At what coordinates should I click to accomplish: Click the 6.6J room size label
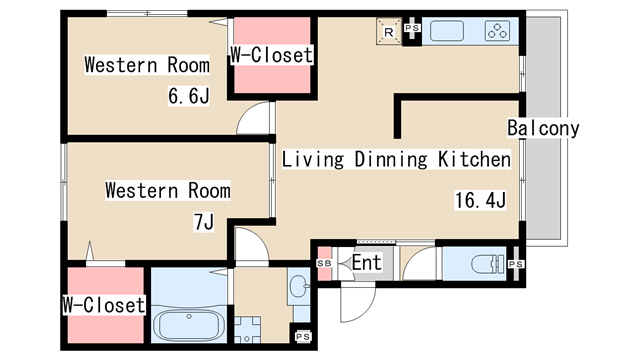(x=189, y=96)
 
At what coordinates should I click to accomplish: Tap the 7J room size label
(x=204, y=222)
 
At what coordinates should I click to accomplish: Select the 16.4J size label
(x=480, y=200)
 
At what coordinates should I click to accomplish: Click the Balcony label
(x=543, y=128)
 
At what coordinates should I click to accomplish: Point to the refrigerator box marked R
(x=389, y=31)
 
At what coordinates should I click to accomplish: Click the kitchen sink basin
(x=447, y=31)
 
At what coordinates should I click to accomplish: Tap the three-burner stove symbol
(x=498, y=31)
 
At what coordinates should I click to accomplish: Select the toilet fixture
(x=488, y=264)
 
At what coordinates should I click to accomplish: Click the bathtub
(x=189, y=325)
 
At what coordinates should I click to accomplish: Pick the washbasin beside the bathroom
(x=299, y=286)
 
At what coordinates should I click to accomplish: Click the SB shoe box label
(x=324, y=264)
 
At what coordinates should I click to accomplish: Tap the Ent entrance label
(x=367, y=262)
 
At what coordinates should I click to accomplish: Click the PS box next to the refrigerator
(x=412, y=28)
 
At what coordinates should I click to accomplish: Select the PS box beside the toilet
(x=516, y=264)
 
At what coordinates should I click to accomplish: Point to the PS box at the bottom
(x=302, y=337)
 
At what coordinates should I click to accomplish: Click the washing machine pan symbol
(x=247, y=329)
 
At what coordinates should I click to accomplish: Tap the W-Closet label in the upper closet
(x=271, y=55)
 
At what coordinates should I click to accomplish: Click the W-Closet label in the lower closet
(x=104, y=305)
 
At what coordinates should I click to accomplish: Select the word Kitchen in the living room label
(x=474, y=159)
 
